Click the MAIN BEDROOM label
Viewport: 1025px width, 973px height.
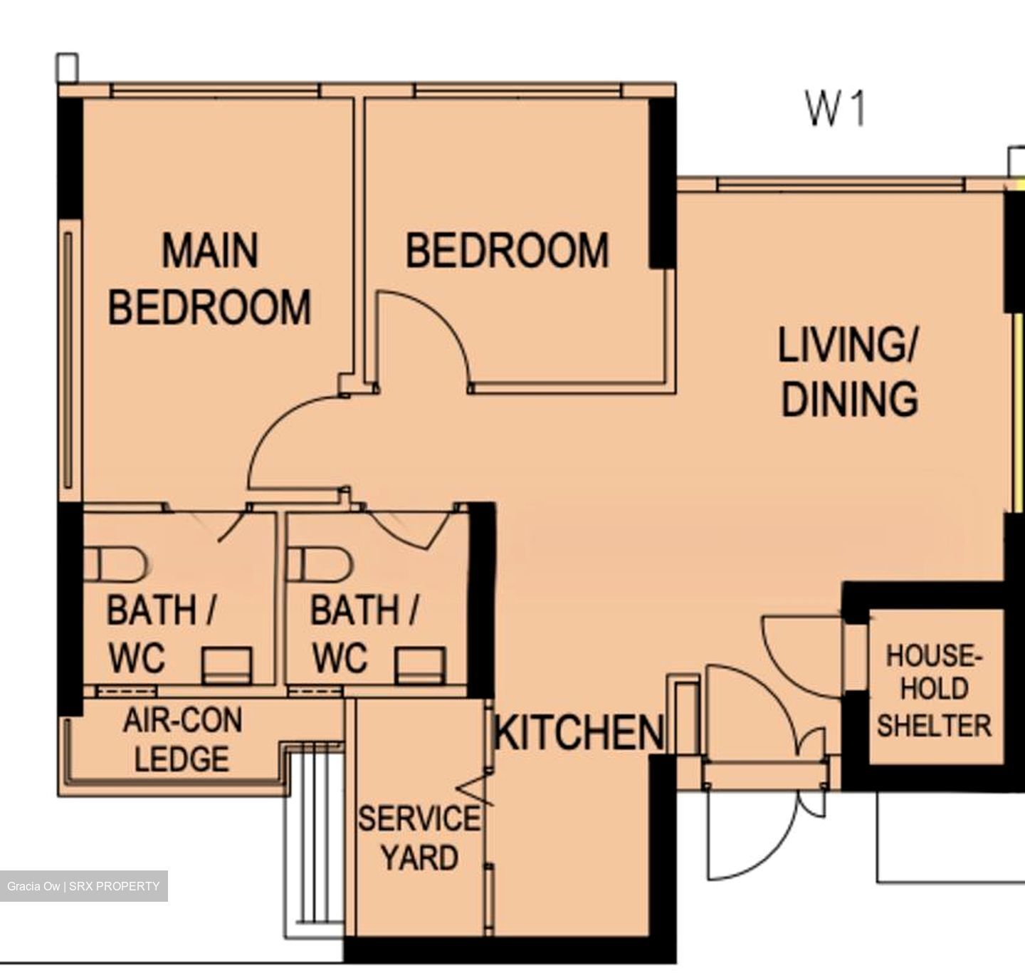(x=209, y=279)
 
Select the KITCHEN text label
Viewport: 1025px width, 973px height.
(x=579, y=732)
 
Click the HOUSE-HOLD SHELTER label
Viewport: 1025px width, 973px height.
(x=934, y=691)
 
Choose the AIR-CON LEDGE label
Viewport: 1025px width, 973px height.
(x=182, y=739)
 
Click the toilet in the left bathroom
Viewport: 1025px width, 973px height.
(x=115, y=564)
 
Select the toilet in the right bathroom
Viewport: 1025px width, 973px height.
(x=319, y=564)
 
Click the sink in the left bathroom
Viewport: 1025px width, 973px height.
(x=227, y=665)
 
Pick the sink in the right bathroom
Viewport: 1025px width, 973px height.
(x=420, y=665)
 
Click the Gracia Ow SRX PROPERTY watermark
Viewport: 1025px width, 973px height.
(x=83, y=886)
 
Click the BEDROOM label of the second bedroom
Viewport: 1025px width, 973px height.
(x=507, y=251)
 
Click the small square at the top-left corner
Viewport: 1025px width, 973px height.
(x=67, y=68)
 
